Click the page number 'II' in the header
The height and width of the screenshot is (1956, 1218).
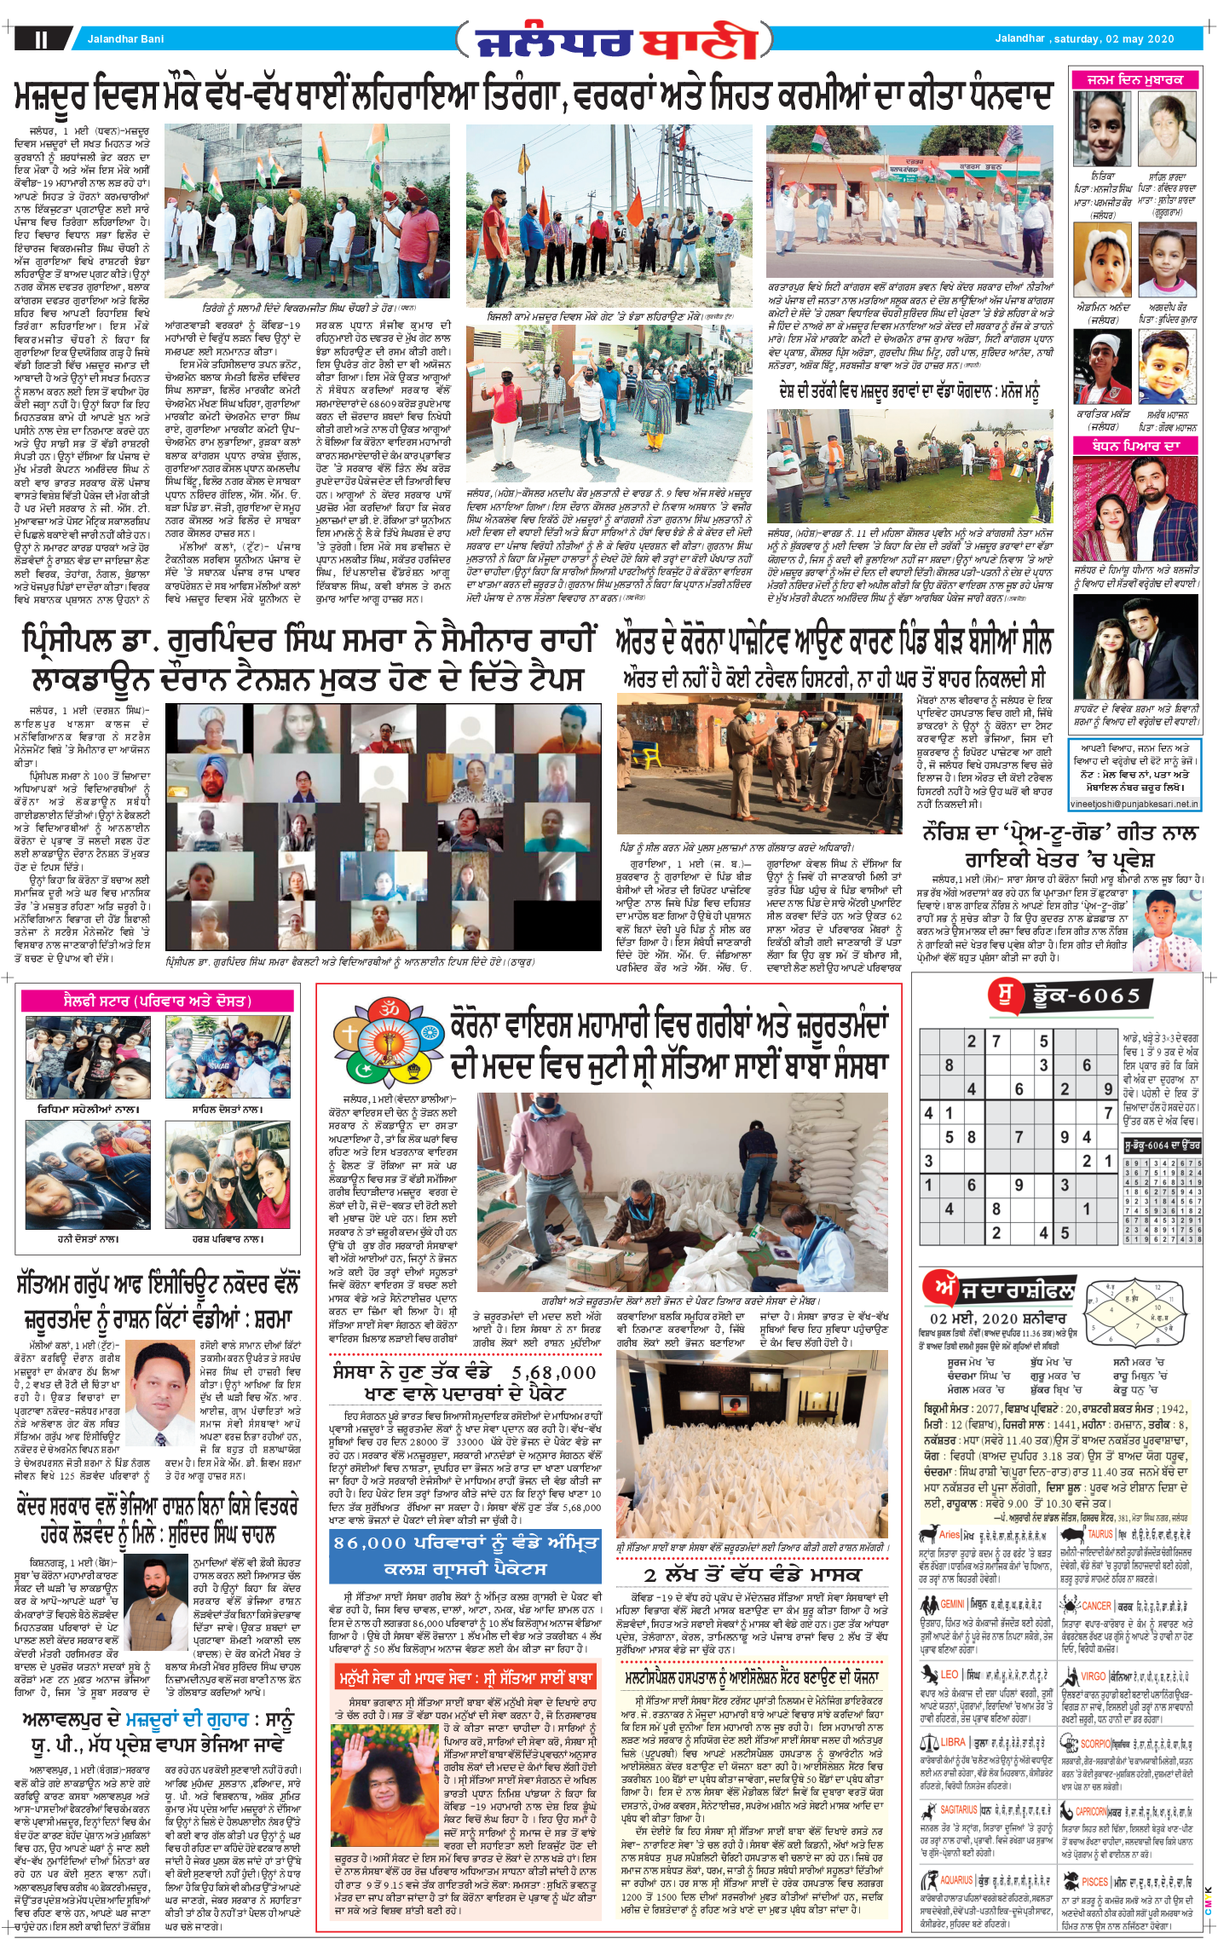click(x=41, y=39)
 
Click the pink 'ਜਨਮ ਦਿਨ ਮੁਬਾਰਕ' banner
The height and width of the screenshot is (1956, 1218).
click(x=1134, y=80)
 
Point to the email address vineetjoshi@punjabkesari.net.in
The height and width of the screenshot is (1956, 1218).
click(x=1134, y=804)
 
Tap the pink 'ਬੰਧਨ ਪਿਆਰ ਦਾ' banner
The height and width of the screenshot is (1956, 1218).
click(x=1134, y=446)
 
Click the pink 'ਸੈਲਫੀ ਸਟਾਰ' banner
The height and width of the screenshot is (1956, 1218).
click(x=157, y=1001)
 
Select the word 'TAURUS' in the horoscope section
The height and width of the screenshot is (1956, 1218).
click(x=1100, y=1534)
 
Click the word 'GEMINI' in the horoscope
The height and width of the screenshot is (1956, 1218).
click(x=952, y=1604)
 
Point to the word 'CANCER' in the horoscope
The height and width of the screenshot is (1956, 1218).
click(x=1096, y=1606)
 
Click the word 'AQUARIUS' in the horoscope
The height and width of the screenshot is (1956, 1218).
click(x=956, y=1880)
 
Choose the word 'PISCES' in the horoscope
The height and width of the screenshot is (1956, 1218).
click(x=1094, y=1882)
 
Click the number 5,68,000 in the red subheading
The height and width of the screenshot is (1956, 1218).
click(x=553, y=1373)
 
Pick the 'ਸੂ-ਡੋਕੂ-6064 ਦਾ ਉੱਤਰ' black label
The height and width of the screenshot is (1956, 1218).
click(x=1162, y=1145)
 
